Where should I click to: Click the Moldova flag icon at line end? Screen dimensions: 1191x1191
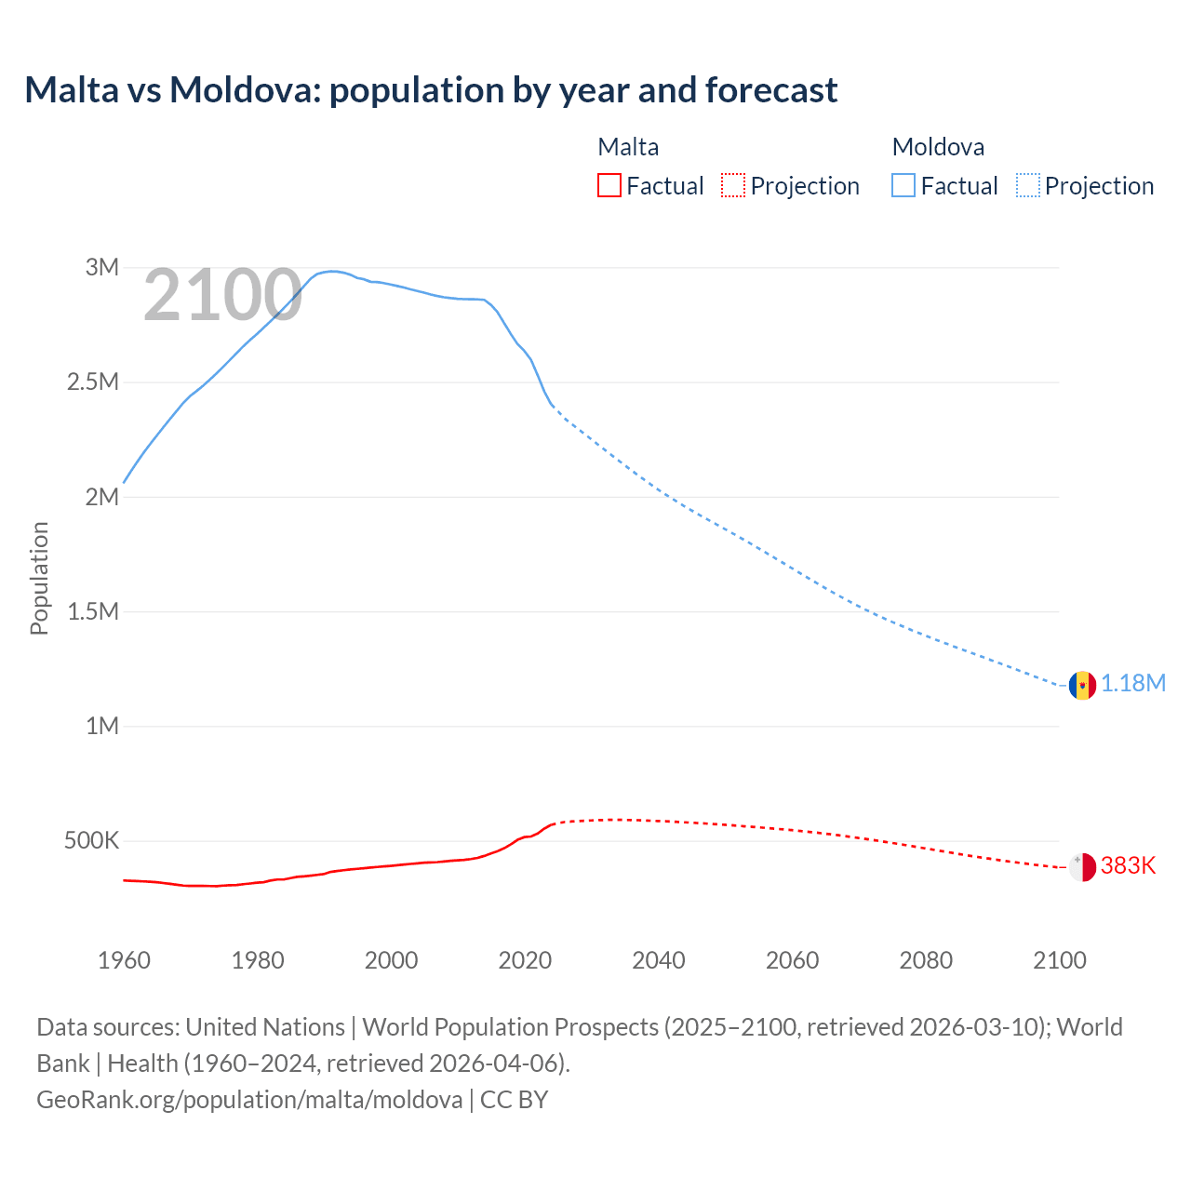[x=1082, y=685]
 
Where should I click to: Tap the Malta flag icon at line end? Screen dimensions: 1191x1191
[x=1082, y=866]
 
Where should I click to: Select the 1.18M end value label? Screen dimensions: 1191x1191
[x=1133, y=684]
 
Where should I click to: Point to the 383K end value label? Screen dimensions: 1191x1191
[x=1128, y=866]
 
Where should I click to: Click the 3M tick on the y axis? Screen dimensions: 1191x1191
[x=102, y=268]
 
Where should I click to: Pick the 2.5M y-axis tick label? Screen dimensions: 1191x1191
[x=93, y=382]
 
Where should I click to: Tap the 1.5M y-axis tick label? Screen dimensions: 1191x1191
[x=93, y=611]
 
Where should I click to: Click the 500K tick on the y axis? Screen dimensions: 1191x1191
[x=91, y=841]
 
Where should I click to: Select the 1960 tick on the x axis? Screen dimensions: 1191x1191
[x=124, y=960]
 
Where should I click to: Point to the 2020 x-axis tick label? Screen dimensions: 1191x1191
[x=525, y=960]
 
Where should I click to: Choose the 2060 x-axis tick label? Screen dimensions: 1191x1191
[x=792, y=960]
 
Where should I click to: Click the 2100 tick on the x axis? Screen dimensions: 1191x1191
[x=1060, y=960]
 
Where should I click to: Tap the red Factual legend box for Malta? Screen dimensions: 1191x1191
[x=609, y=186]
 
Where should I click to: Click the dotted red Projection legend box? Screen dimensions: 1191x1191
[x=733, y=186]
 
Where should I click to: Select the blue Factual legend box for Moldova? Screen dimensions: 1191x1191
[x=903, y=186]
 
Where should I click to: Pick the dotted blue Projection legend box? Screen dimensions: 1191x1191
[x=1028, y=186]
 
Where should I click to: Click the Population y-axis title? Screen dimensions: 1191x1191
[x=39, y=578]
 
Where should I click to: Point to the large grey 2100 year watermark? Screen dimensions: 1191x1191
[x=222, y=296]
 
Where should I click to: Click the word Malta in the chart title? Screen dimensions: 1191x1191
[x=72, y=90]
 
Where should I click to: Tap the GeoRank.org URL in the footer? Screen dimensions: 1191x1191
[x=249, y=1100]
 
